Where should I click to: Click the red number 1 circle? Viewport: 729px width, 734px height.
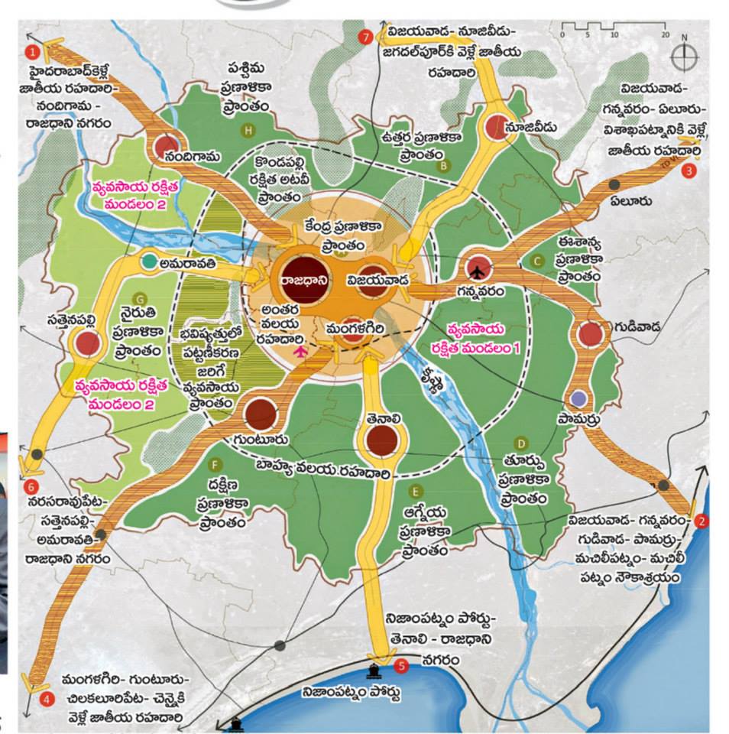[32, 52]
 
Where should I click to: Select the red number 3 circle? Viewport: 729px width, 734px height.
[689, 171]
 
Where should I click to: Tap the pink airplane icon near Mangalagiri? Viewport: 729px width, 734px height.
[300, 351]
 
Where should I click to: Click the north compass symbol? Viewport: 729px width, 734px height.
[684, 57]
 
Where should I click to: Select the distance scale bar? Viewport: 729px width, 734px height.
[614, 33]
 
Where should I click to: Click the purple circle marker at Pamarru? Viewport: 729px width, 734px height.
[579, 398]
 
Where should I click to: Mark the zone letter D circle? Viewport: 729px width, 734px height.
[520, 443]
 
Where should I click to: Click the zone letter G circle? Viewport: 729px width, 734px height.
[139, 298]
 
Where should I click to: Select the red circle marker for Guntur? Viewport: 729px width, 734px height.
[261, 414]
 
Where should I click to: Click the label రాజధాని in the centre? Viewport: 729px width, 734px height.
[304, 280]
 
